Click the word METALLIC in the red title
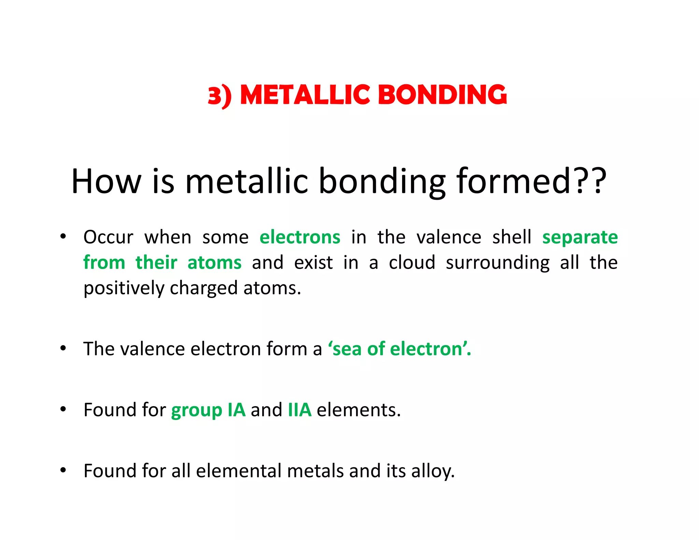(305, 95)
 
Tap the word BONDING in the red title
(443, 95)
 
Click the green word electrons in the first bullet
(300, 237)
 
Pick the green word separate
(580, 237)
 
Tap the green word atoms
(214, 263)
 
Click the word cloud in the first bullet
(412, 263)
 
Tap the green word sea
(346, 349)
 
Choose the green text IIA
(300, 410)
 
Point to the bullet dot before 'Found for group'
(63, 409)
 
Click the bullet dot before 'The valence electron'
(63, 349)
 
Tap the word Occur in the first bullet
(108, 237)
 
